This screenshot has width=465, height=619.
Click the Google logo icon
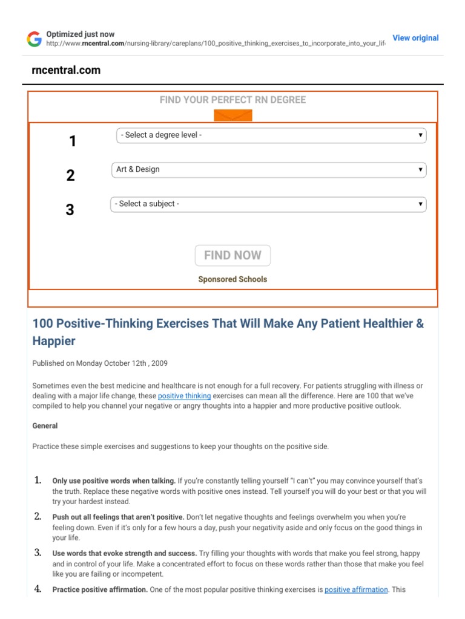[x=34, y=40]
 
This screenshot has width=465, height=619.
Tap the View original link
[x=415, y=38]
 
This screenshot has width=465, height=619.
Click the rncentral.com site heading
[x=66, y=70]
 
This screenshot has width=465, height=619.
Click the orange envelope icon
[x=232, y=115]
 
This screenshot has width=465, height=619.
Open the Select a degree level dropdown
[x=271, y=135]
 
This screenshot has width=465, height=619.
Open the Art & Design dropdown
[x=269, y=170]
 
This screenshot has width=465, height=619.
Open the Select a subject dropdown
[x=268, y=204]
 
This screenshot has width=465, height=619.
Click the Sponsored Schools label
[x=232, y=279]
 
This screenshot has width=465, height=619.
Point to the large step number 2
[x=70, y=176]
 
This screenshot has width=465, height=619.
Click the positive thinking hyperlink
[x=184, y=396]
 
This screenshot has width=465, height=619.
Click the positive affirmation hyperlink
[x=356, y=589]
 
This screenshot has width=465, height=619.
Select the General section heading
[x=45, y=426]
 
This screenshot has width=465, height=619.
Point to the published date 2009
[x=160, y=363]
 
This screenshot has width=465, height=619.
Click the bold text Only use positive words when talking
[x=114, y=481]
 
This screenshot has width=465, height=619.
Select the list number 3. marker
[x=38, y=553]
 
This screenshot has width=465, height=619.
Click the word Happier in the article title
[x=54, y=342]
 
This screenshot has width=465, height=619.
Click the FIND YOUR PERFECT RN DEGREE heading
[x=232, y=100]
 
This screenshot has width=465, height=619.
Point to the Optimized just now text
[x=80, y=34]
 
